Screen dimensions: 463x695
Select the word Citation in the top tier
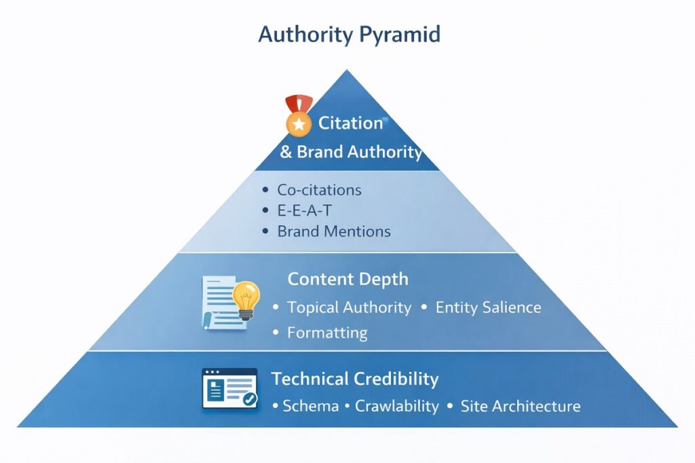pos(351,123)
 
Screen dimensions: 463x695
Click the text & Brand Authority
pos(352,152)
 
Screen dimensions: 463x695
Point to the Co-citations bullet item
pos(319,190)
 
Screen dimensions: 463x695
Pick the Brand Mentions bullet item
pos(333,231)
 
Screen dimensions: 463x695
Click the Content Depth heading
pos(347,279)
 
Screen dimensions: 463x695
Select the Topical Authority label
pos(349,307)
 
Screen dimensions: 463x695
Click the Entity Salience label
pos(488,307)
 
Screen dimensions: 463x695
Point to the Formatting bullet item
pos(327,333)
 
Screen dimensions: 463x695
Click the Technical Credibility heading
pos(355,379)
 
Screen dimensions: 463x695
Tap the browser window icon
pos(229,389)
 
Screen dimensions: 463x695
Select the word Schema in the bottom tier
pos(310,407)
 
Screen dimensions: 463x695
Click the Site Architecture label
pos(520,407)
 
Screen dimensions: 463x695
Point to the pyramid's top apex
pos(347,71)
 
